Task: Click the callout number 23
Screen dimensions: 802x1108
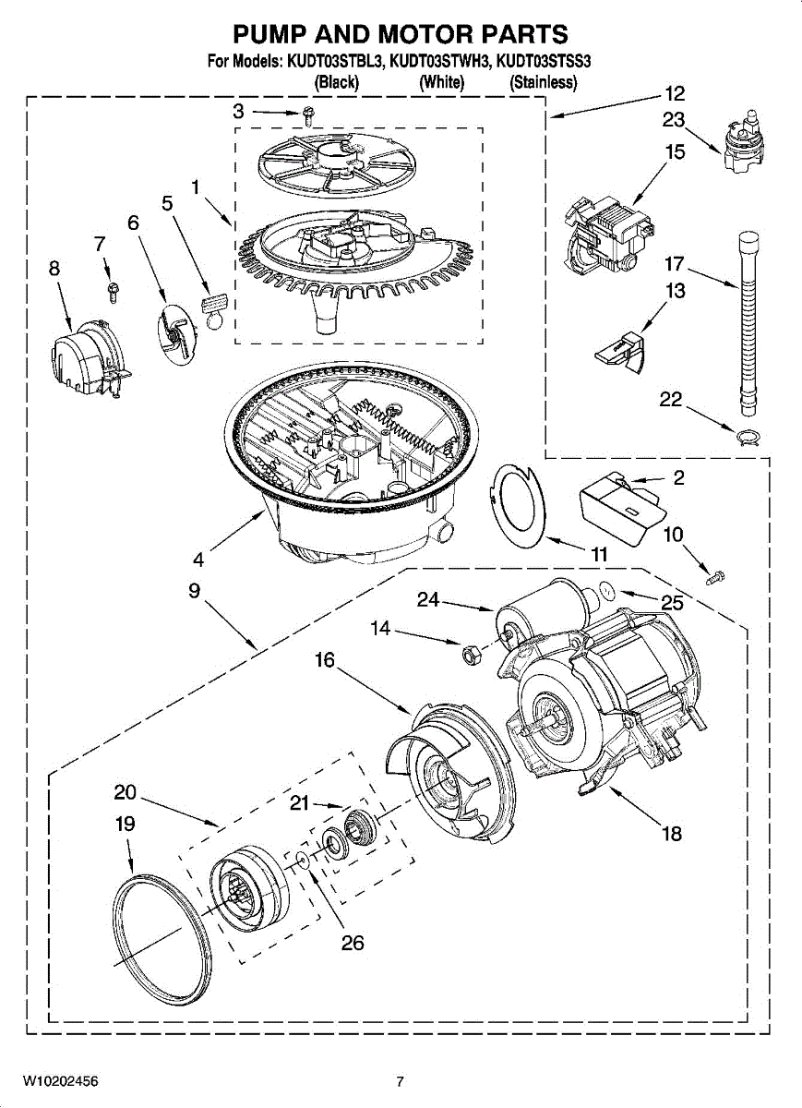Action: [674, 120]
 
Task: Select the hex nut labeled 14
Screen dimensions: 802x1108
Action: [467, 655]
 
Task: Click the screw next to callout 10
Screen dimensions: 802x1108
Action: [716, 577]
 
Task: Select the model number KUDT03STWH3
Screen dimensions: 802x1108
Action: [440, 62]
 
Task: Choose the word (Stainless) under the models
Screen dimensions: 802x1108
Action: [543, 81]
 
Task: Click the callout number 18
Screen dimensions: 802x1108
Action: [672, 834]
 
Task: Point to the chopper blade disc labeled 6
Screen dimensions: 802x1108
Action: [175, 334]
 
